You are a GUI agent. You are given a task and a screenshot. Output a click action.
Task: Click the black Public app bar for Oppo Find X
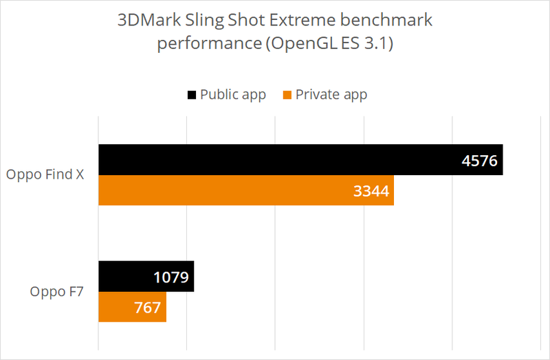pyautogui.click(x=275, y=160)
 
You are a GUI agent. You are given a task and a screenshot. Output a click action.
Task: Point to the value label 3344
pyautogui.click(x=371, y=192)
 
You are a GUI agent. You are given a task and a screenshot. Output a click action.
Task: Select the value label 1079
pyautogui.click(x=171, y=278)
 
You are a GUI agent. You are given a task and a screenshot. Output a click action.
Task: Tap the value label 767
pyautogui.click(x=148, y=308)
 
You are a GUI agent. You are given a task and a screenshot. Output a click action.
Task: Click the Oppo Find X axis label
pyautogui.click(x=45, y=175)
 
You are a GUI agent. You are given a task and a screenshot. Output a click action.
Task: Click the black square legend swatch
pyautogui.click(x=191, y=95)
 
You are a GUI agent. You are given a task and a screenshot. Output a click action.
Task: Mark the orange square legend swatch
pyautogui.click(x=287, y=95)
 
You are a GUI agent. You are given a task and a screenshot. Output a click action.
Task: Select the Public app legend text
pyautogui.click(x=232, y=95)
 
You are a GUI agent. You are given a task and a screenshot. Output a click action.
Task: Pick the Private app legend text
pyautogui.click(x=331, y=95)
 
